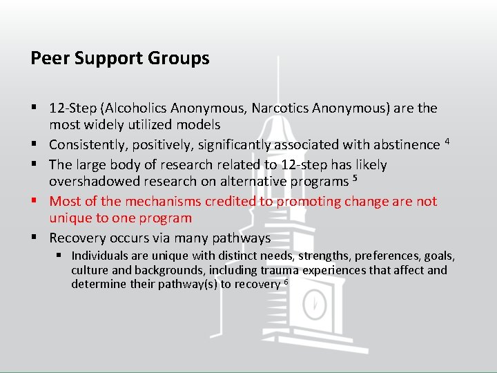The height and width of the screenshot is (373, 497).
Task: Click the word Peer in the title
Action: pyautogui.click(x=46, y=58)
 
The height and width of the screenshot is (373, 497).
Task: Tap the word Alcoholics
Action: pyautogui.click(x=133, y=108)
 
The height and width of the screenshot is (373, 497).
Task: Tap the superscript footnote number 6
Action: pyautogui.click(x=286, y=282)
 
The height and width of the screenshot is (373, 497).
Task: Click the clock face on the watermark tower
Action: pyautogui.click(x=315, y=302)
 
